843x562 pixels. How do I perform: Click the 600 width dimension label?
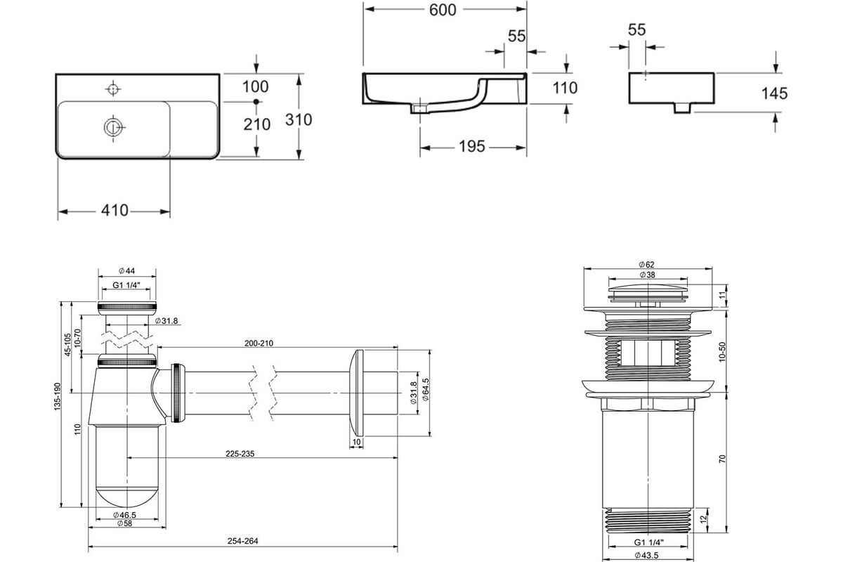pos(443,10)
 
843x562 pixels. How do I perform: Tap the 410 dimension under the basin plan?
pos(115,211)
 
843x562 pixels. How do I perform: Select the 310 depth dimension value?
pos(299,119)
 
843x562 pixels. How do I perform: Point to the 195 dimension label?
pos(472,146)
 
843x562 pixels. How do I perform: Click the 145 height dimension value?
pos(774,93)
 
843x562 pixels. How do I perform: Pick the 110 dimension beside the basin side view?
pos(565,88)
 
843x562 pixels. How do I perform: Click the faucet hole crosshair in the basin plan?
pos(113,89)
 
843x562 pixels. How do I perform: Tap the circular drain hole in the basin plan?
pos(113,127)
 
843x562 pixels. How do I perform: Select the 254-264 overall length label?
pos(243,541)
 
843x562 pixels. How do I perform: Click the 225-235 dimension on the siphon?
pos(240,454)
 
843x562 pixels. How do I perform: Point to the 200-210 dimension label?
pos(259,344)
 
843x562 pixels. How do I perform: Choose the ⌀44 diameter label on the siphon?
pos(127,270)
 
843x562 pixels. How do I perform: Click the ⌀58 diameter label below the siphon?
pos(124,523)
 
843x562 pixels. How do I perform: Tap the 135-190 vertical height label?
pos(57,396)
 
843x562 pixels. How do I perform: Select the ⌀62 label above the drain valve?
pos(647,265)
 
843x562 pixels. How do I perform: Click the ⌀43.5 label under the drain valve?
pos(647,555)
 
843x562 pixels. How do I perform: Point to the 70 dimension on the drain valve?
pos(722,459)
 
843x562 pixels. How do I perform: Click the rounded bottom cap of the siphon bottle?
pos(127,497)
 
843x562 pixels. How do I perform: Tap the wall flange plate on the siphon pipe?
pos(356,393)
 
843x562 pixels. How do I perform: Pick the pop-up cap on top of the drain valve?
pos(648,292)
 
